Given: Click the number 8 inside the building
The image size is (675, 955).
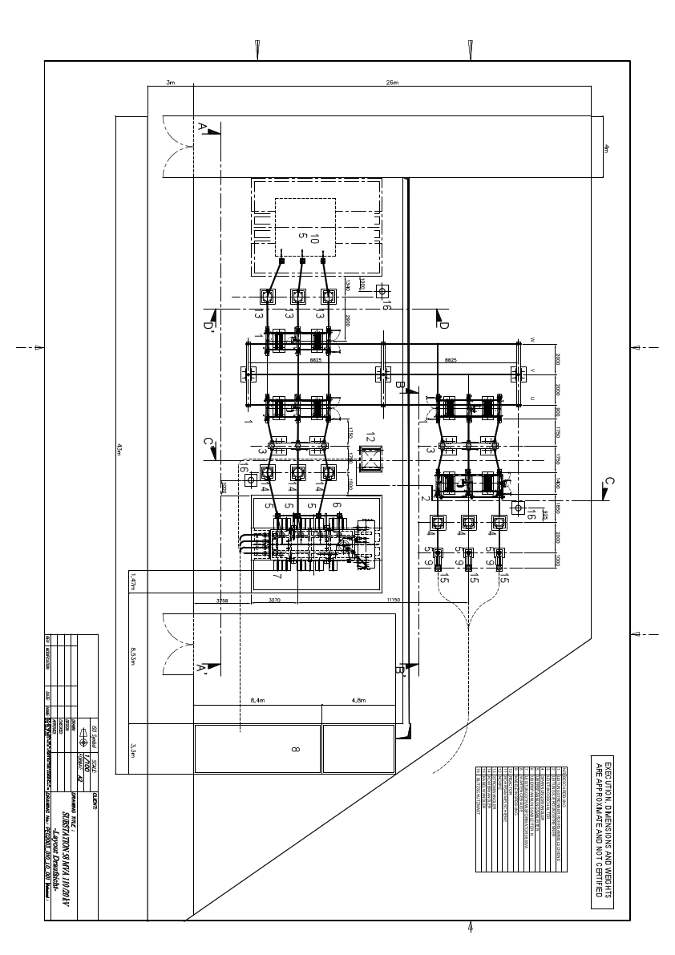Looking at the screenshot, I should tap(295, 749).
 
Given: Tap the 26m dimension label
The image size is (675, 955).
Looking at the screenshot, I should tap(392, 83).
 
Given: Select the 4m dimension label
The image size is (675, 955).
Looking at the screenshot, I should tap(606, 148).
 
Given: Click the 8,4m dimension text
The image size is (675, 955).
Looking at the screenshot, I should tap(257, 700).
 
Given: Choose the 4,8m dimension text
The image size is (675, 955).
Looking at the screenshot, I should tap(358, 700).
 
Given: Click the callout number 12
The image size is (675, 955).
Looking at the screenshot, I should tap(370, 437).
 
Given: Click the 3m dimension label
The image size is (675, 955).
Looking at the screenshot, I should tap(170, 83).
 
